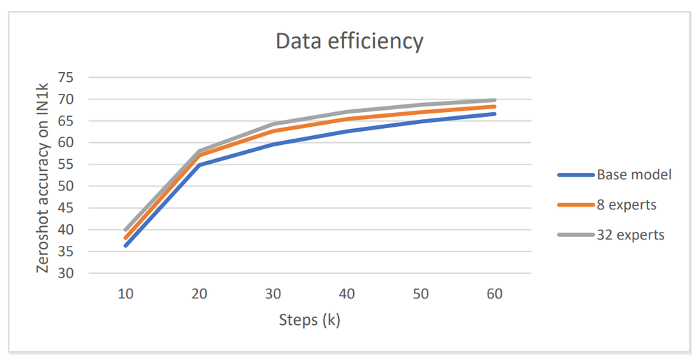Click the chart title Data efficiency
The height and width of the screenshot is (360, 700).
(x=349, y=41)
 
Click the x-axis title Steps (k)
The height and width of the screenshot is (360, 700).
(x=310, y=321)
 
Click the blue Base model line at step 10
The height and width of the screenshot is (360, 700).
(x=125, y=245)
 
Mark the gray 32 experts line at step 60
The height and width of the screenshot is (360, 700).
(x=495, y=100)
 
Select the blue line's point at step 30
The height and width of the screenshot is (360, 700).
(x=273, y=144)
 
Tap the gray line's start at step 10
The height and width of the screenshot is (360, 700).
(x=125, y=230)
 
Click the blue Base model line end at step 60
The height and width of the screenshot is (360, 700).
(x=495, y=113)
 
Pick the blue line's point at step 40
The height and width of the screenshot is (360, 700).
(x=347, y=131)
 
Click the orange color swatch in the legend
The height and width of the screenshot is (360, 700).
(x=574, y=205)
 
